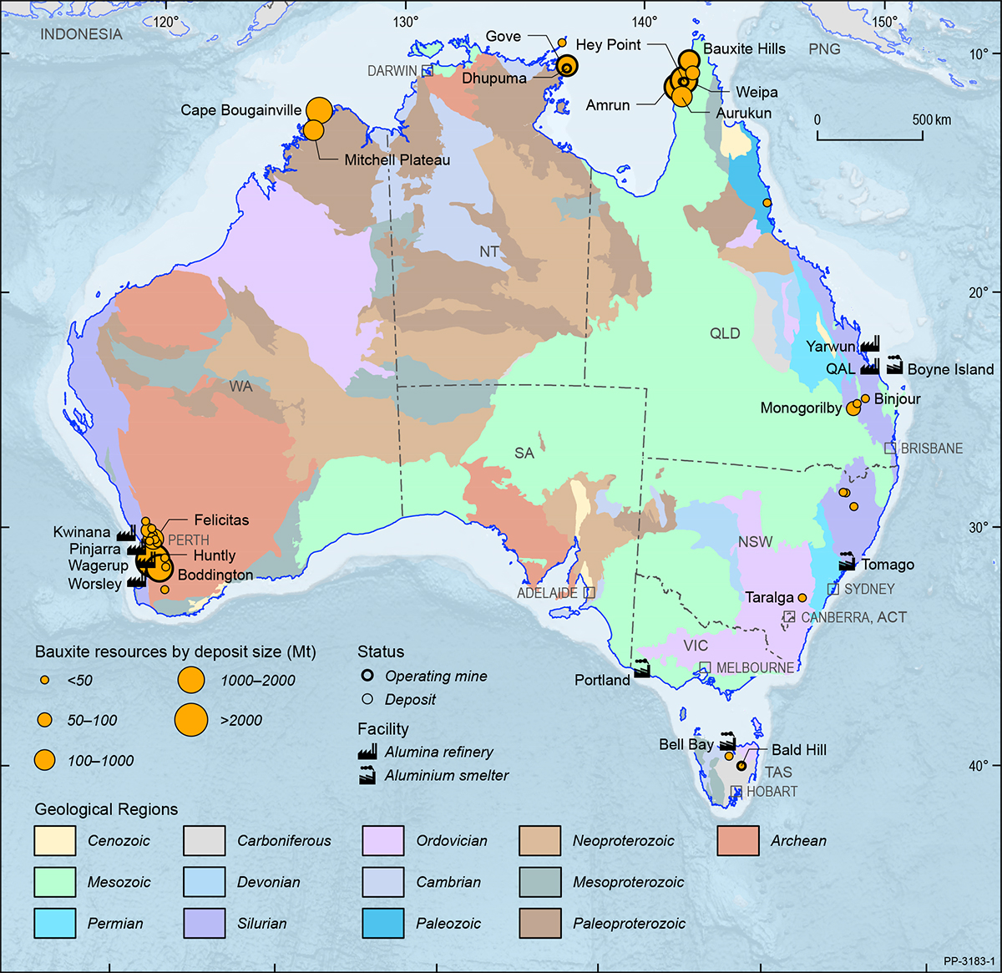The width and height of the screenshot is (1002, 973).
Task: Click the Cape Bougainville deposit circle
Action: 319,109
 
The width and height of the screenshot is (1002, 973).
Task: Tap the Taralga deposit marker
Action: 802,598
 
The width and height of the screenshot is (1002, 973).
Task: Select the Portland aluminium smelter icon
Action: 641,669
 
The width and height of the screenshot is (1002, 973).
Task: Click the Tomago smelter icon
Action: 847,562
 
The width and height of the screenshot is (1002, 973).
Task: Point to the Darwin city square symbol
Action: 428,71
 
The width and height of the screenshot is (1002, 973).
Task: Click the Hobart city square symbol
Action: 736,791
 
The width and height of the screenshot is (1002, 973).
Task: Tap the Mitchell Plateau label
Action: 397,160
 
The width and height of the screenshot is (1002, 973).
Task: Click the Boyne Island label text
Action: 950,369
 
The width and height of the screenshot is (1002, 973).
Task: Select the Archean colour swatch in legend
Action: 738,841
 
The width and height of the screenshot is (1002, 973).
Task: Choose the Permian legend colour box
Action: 55,924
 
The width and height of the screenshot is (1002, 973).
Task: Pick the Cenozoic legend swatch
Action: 55,841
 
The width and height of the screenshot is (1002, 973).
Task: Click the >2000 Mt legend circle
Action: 191,720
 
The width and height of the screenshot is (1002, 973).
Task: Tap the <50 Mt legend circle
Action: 44,681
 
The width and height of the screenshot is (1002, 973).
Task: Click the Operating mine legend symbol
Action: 367,677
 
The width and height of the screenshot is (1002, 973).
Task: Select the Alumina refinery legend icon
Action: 367,752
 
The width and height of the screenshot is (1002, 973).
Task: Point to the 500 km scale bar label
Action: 931,119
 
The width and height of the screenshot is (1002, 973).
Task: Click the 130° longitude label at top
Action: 406,22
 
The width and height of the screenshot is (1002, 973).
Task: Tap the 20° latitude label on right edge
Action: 979,292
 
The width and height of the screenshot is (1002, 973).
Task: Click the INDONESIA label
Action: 81,34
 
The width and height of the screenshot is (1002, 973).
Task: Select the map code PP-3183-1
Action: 969,961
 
